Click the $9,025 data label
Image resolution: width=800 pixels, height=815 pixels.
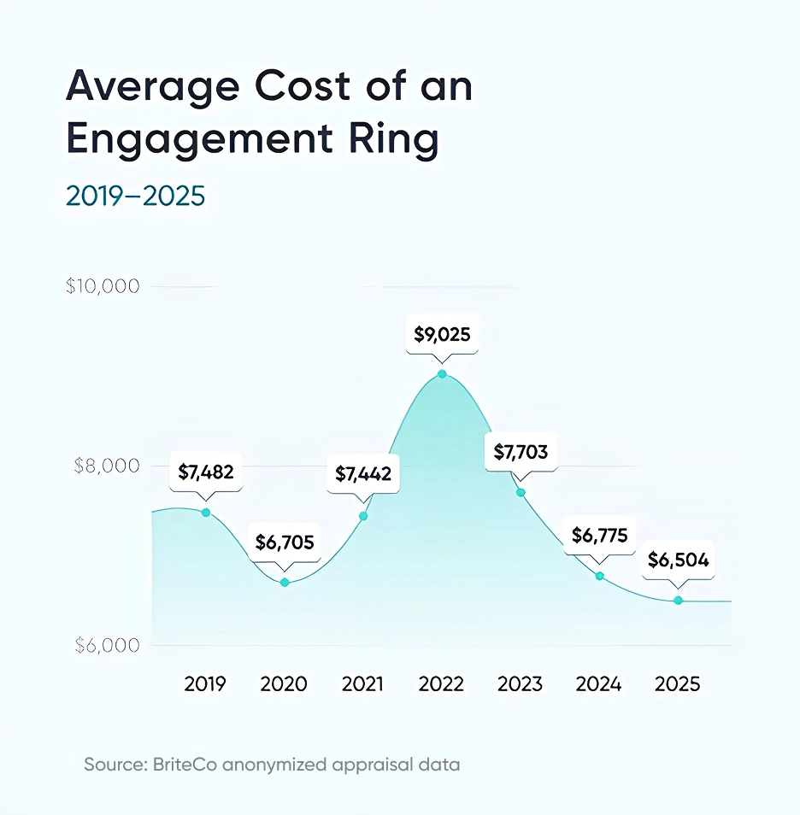(442, 335)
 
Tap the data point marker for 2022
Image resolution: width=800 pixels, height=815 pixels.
(442, 374)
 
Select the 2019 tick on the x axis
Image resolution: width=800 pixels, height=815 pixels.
(205, 684)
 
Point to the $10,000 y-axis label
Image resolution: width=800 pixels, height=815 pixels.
(103, 286)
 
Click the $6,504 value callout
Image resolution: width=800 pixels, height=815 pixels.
(679, 560)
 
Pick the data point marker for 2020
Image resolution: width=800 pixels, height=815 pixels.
(285, 583)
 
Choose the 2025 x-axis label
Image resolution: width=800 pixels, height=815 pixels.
(678, 684)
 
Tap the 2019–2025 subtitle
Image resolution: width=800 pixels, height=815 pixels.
(136, 196)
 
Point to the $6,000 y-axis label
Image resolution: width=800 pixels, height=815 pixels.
(103, 646)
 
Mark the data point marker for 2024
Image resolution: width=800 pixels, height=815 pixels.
(600, 576)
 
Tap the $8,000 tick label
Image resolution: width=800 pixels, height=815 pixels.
(103, 466)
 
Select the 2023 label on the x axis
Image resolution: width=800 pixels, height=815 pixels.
(520, 684)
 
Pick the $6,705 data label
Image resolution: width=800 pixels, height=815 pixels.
(285, 542)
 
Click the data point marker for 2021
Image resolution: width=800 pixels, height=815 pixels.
(363, 516)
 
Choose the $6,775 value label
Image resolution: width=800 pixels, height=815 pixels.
(600, 536)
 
